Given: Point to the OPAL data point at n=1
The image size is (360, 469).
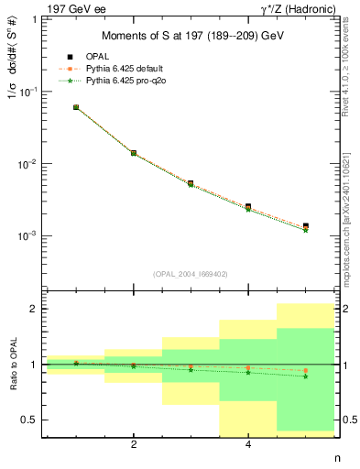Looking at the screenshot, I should [76, 107].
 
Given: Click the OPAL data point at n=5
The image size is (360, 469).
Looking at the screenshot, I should [305, 226].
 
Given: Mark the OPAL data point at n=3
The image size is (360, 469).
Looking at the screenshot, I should [191, 183].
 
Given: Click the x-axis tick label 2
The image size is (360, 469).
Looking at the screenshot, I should [134, 445].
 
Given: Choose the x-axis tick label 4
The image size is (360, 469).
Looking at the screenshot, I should [248, 445].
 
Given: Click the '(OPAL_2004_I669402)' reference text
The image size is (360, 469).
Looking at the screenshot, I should [191, 273].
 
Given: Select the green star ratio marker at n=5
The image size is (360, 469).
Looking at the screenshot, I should [305, 376].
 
